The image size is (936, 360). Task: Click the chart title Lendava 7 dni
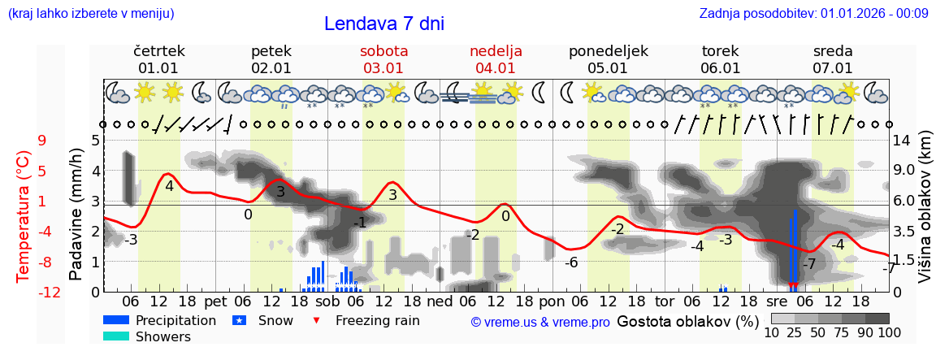[383, 24]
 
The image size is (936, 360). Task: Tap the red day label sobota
[383, 51]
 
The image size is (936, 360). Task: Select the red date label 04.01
[496, 68]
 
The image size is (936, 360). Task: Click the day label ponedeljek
[608, 51]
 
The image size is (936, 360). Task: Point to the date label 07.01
[833, 68]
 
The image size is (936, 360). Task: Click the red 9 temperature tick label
[42, 141]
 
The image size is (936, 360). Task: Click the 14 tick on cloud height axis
[901, 141]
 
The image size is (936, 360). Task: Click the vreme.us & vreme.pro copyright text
[540, 323]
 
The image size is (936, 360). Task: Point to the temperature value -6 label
[571, 262]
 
